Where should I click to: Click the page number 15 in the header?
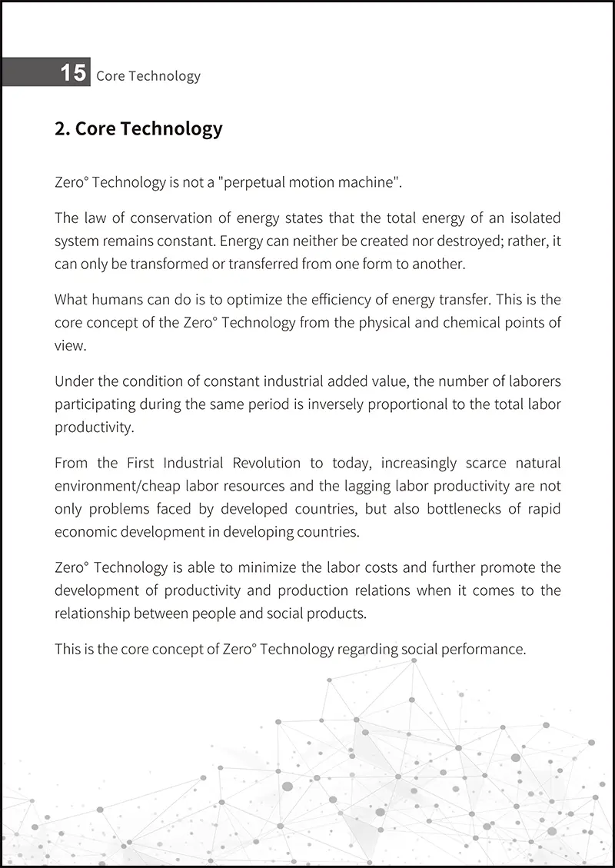73,73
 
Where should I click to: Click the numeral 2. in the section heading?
62,128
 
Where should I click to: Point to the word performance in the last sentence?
476,650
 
